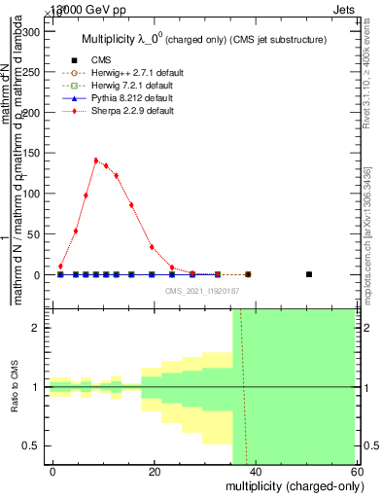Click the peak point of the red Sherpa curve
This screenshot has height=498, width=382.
pyautogui.click(x=96, y=160)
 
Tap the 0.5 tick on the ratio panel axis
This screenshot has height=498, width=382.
pyautogui.click(x=32, y=445)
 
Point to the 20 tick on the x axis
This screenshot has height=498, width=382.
pyautogui.click(x=155, y=471)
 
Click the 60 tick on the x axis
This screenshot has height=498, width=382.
pyautogui.click(x=355, y=471)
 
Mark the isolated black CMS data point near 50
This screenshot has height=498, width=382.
pyautogui.click(x=309, y=274)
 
